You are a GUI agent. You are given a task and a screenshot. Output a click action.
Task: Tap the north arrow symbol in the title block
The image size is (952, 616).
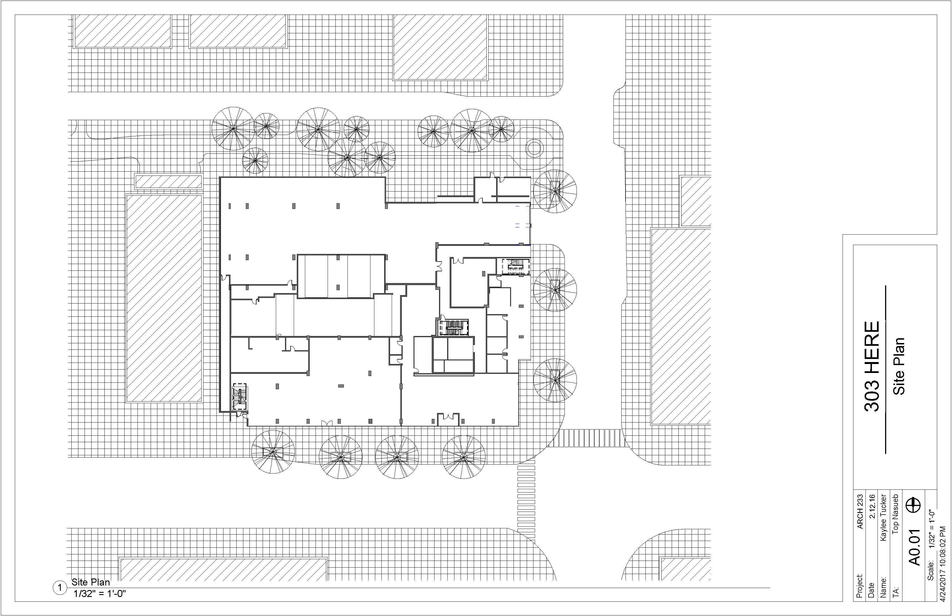pyautogui.click(x=915, y=505)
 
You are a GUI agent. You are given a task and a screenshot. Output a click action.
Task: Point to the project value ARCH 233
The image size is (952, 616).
pyautogui.click(x=860, y=512)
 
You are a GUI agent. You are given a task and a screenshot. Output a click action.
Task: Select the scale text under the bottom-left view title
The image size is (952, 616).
pyautogui.click(x=100, y=594)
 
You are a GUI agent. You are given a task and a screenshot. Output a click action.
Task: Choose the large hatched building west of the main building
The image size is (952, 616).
pyautogui.click(x=164, y=298)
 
